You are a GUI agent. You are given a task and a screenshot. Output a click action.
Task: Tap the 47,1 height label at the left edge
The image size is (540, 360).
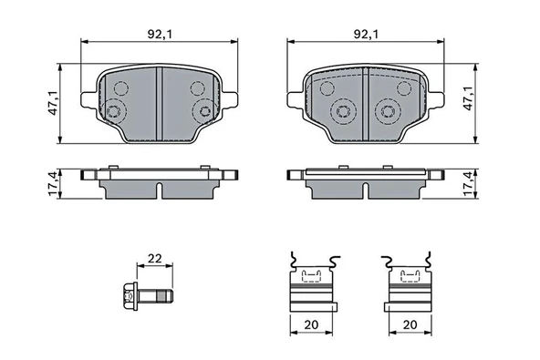pyautogui.click(x=54, y=102)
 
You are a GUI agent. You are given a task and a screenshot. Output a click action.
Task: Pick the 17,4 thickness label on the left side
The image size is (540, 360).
pyautogui.click(x=54, y=184)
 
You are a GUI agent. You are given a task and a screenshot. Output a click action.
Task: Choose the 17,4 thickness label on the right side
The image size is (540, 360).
pyautogui.click(x=471, y=184)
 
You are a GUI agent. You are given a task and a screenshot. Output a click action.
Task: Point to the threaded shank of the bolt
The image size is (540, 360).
pyautogui.click(x=161, y=296)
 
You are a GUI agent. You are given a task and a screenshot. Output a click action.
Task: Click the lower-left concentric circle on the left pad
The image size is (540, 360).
pyautogui.click(x=115, y=113)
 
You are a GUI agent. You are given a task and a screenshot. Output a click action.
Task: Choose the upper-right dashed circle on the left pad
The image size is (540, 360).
pyautogui.click(x=198, y=87)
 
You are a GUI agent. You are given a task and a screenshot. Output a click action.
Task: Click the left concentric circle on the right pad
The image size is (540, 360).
pyautogui.click(x=343, y=111)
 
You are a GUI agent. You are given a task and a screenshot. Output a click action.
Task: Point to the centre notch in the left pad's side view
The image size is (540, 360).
pyautogui.click(x=160, y=190)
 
